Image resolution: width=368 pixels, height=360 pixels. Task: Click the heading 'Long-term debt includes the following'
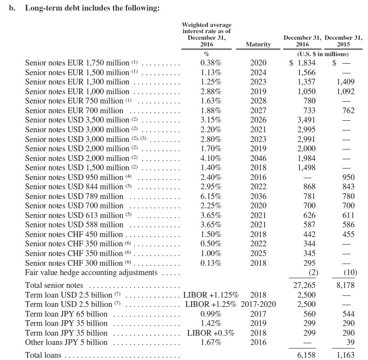(92, 8)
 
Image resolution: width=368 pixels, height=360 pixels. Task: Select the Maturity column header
(258, 44)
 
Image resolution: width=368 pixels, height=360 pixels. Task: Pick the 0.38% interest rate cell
(211, 63)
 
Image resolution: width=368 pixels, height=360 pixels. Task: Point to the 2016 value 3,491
(306, 120)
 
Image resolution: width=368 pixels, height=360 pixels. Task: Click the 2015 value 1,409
(345, 82)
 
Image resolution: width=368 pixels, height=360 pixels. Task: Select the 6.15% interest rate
(211, 196)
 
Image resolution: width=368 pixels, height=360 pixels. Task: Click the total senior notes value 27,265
(305, 285)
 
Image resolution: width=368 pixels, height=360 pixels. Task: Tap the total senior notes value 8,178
(345, 285)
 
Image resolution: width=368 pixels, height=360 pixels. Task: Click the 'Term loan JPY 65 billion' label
(66, 314)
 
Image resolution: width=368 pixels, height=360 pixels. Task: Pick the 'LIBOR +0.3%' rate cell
(211, 333)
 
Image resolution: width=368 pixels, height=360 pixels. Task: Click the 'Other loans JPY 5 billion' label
(66, 342)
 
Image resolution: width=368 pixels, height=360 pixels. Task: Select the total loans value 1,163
(345, 355)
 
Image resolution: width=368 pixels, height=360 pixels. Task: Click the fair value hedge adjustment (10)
(347, 272)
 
